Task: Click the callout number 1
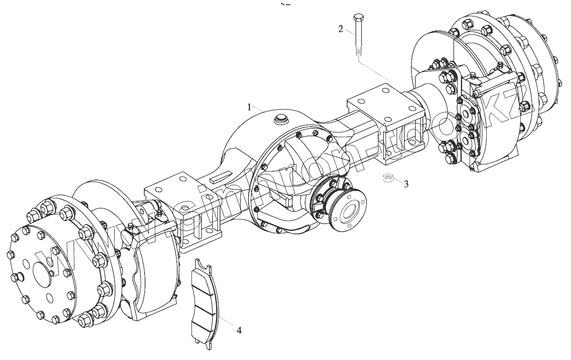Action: pyautogui.click(x=249, y=107)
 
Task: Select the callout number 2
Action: pyautogui.click(x=340, y=29)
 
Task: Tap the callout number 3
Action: pyautogui.click(x=406, y=184)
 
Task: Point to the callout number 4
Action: pyautogui.click(x=239, y=330)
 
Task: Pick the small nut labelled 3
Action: pyautogui.click(x=388, y=178)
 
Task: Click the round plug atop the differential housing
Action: pyautogui.click(x=280, y=118)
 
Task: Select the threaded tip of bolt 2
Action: pyautogui.click(x=358, y=52)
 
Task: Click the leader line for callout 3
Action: pyautogui.click(x=397, y=180)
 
